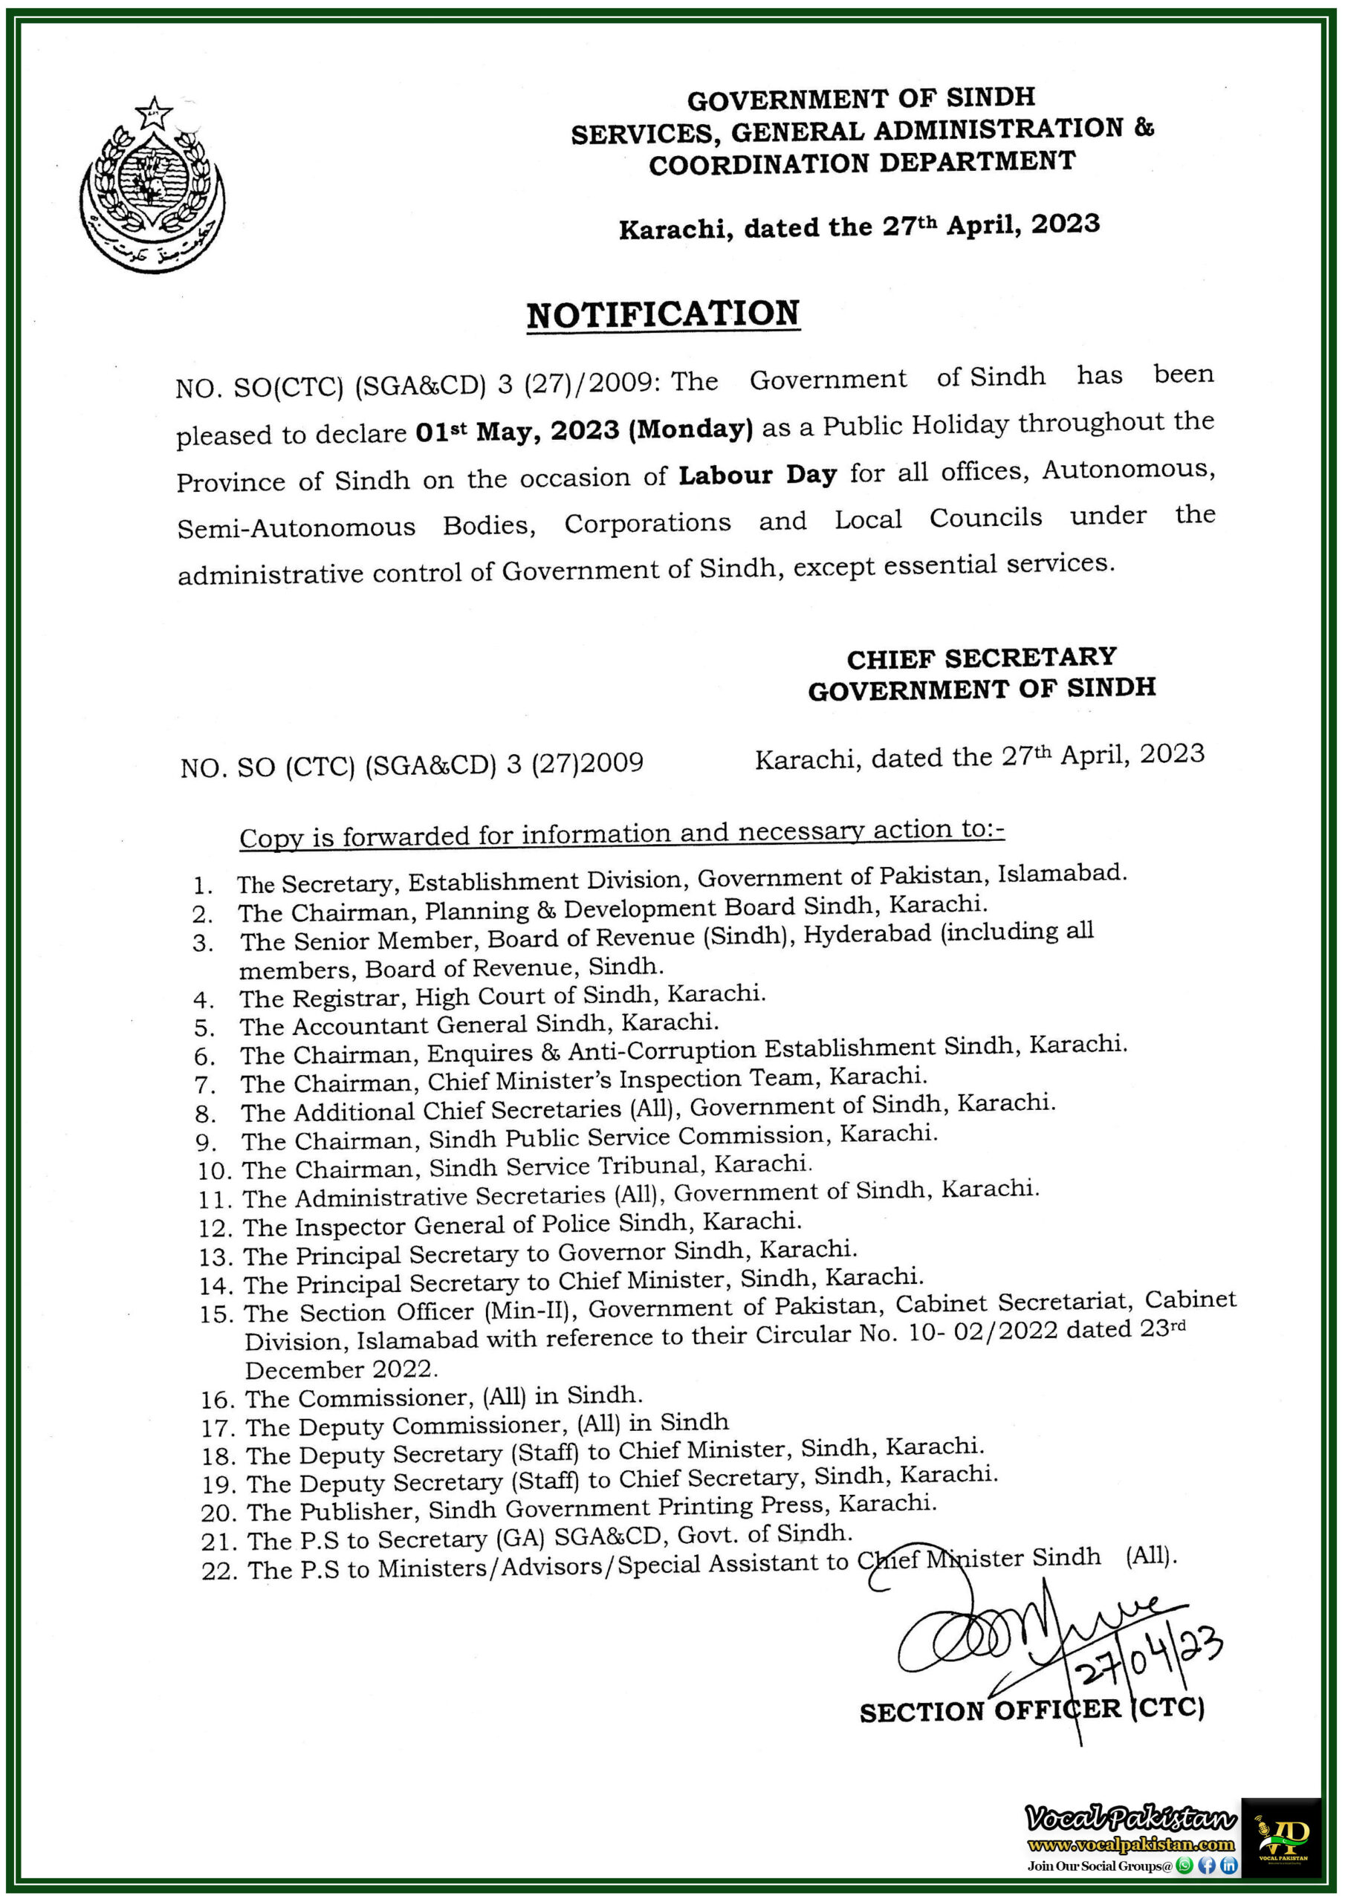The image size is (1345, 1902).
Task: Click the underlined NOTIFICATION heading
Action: pos(663,315)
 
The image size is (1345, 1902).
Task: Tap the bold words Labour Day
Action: pos(757,475)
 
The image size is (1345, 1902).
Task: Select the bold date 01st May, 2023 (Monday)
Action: pos(583,430)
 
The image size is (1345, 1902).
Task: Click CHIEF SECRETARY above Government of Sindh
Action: pos(981,658)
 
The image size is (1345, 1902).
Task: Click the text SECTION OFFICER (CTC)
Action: pos(1031,1710)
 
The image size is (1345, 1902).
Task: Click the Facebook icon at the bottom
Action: pos(1207,1866)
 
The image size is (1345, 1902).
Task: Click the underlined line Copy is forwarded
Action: pos(621,834)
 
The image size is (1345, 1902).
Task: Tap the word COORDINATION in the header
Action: pos(760,164)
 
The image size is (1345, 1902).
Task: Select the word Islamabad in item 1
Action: pos(1062,874)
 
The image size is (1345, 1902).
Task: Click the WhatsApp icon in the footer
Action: pos(1185,1866)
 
